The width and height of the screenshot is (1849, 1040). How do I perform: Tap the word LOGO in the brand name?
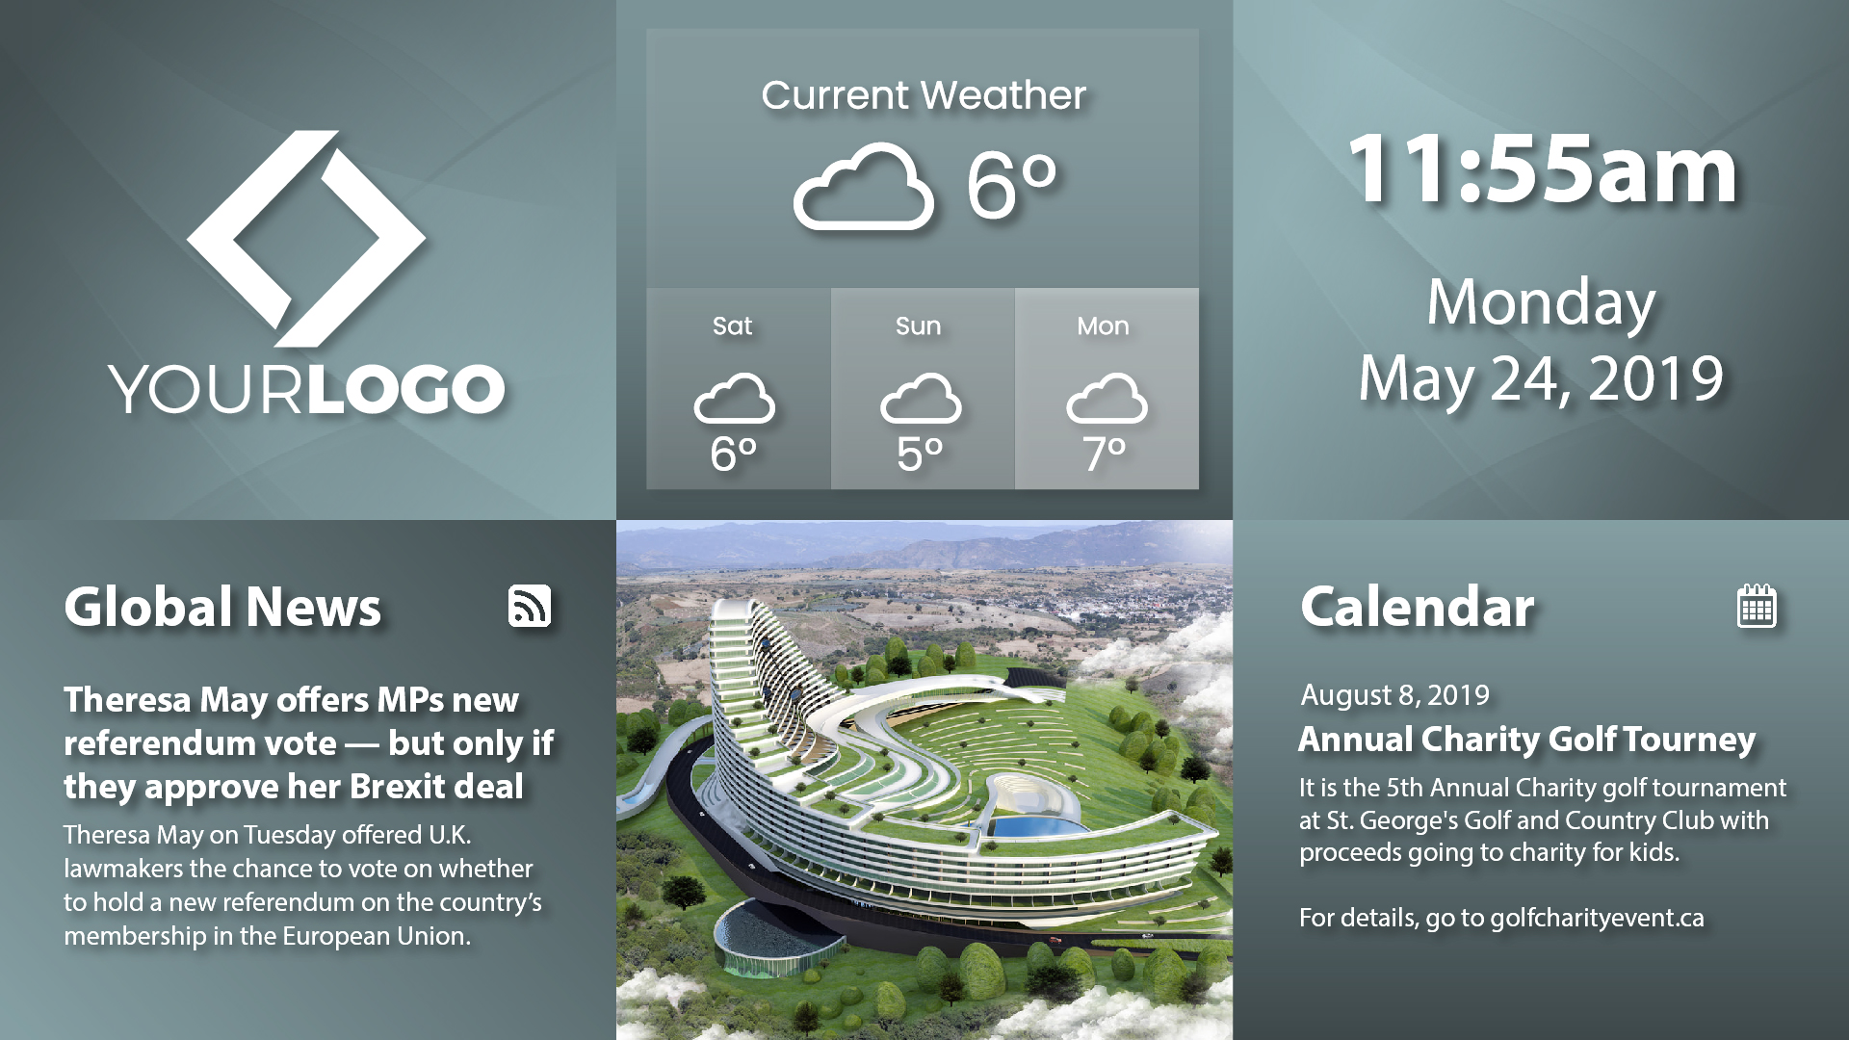pyautogui.click(x=406, y=390)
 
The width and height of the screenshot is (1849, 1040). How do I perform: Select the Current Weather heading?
pyautogui.click(x=924, y=95)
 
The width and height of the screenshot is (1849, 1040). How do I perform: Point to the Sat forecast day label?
pyautogui.click(x=732, y=326)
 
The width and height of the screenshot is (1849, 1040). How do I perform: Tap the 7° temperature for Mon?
pyautogui.click(x=1105, y=454)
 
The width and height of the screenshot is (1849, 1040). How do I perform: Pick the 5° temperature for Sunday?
pyautogui.click(x=920, y=454)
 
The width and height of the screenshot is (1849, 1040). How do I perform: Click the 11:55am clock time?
pyautogui.click(x=1543, y=169)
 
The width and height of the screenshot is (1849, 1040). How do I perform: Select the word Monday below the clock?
pyautogui.click(x=1541, y=303)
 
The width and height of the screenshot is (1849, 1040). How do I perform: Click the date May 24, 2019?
pyautogui.click(x=1541, y=378)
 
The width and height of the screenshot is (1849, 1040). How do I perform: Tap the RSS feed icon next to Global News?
pyautogui.click(x=530, y=607)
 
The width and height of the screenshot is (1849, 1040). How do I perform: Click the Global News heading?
pyautogui.click(x=222, y=607)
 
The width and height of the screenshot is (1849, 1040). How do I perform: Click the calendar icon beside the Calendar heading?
pyautogui.click(x=1757, y=606)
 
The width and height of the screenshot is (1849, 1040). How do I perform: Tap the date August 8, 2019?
pyautogui.click(x=1394, y=695)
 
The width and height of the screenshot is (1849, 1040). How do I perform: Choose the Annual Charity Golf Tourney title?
pyautogui.click(x=1526, y=740)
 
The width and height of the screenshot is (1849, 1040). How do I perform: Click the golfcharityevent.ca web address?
pyautogui.click(x=1597, y=918)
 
